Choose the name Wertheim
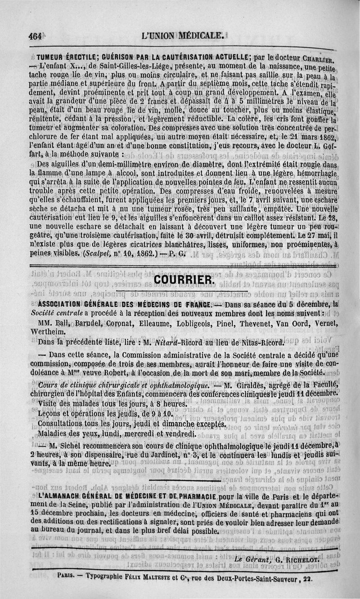47,331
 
